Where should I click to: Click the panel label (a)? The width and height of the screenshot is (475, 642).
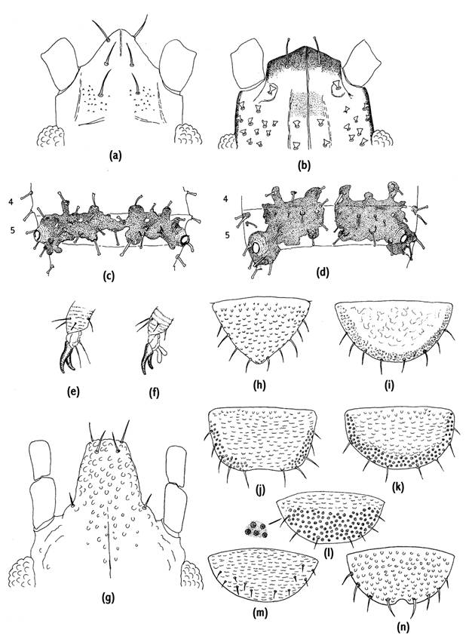coord(115,155)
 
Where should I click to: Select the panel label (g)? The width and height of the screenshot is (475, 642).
coord(108,598)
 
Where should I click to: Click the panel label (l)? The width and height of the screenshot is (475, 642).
coord(329,554)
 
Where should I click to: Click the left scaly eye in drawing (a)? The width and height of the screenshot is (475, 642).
coord(51,136)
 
